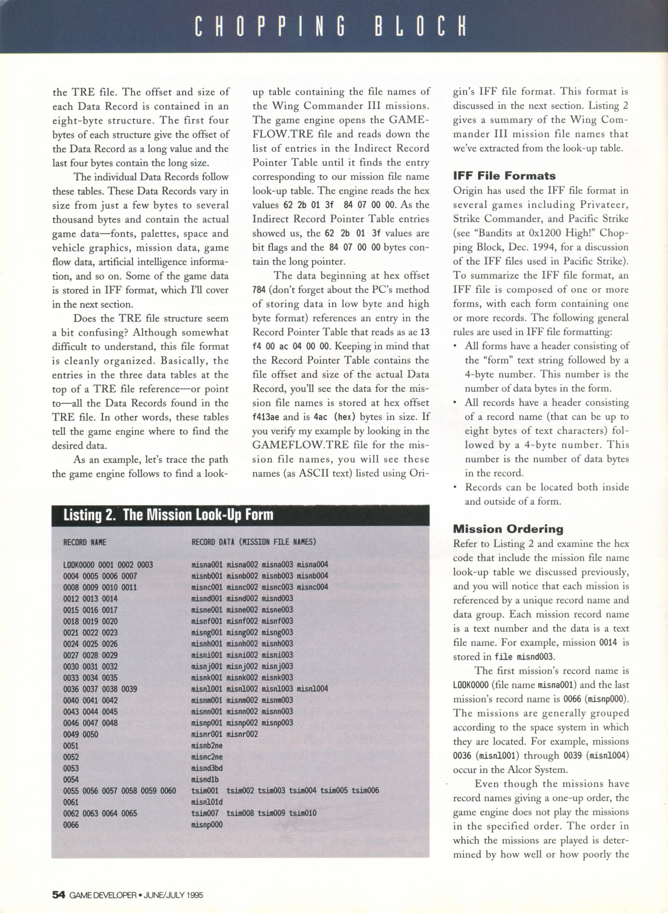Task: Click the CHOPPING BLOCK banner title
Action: pyautogui.click(x=330, y=27)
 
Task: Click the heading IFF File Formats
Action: pyautogui.click(x=504, y=176)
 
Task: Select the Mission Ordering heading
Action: pyautogui.click(x=509, y=529)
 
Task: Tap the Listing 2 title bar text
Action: pyautogui.click(x=168, y=514)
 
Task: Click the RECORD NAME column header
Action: pyautogui.click(x=84, y=542)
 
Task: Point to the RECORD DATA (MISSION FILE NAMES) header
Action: pyautogui.click(x=253, y=542)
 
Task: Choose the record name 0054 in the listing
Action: pyautogui.click(x=71, y=779)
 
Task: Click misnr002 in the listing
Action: pyautogui.click(x=242, y=734)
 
